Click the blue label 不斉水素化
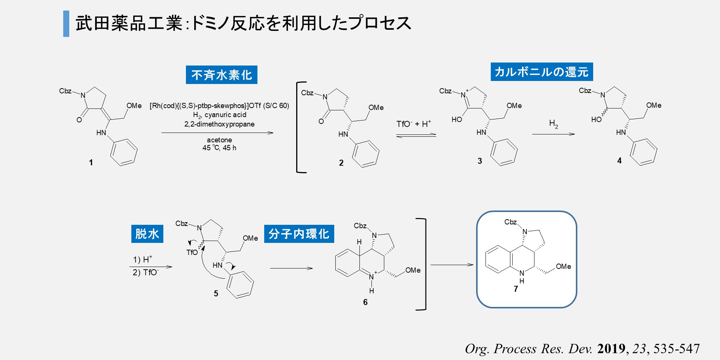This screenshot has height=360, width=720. pos(221,75)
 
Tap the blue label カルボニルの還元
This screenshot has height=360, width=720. pos(542,72)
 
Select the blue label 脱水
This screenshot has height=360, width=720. pos(147,233)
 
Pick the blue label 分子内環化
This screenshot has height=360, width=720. pos(299,233)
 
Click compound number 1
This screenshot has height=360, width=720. pos(91,162)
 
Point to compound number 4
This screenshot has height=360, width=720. pos(619,160)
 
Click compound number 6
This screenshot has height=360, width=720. pos(365,302)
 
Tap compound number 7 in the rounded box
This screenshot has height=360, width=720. pos(516,289)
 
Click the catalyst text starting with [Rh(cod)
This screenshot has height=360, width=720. pos(219,106)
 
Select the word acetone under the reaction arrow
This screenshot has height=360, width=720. pos(219,140)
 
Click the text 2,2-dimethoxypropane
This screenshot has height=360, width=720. pos(219,124)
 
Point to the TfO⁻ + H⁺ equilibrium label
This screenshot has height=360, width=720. pos(414,124)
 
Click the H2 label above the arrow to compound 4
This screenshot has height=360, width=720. pos(553,124)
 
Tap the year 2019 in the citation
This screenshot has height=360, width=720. pos(611,348)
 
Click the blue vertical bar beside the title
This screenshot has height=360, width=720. pos(66,24)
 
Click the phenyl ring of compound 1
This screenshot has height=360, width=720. pos(124,153)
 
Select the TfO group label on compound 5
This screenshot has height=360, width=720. pos(192,252)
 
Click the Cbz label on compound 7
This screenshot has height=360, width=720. pos(510,222)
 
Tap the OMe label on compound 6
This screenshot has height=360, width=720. pos(413,270)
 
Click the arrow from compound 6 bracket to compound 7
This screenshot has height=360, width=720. pos(452,265)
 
